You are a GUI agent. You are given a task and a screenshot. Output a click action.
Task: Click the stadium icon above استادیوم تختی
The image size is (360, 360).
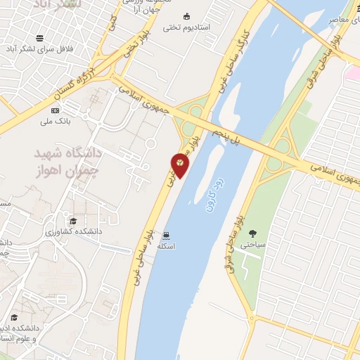186,16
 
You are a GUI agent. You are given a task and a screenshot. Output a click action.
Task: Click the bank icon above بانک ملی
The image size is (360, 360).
55,110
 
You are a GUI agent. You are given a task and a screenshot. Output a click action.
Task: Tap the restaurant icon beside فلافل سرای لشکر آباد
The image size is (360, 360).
40,37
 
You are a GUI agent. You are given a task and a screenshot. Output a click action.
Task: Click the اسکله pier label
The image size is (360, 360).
165,246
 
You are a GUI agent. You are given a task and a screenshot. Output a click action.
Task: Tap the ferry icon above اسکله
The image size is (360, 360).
165,235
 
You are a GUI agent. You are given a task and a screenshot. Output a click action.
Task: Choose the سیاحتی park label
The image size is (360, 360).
252,245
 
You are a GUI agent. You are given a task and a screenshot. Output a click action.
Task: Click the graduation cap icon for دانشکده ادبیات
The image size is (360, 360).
14,317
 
